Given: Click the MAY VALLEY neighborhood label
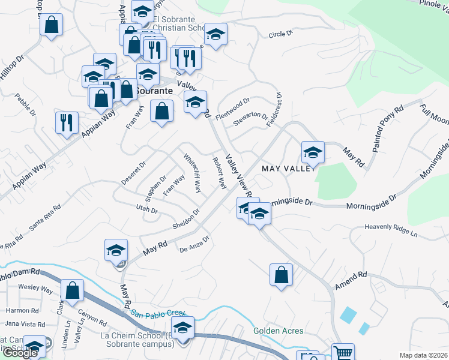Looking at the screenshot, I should (289, 169).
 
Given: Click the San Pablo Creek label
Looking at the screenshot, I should (160, 313).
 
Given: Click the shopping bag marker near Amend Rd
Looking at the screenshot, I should (281, 275).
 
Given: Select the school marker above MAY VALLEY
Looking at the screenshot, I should (313, 153).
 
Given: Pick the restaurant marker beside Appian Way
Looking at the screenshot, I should (67, 123).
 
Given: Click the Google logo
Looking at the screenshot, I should (20, 353).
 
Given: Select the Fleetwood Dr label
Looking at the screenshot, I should (233, 109).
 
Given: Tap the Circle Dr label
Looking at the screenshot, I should (280, 34).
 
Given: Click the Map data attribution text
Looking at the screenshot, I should (424, 355).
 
